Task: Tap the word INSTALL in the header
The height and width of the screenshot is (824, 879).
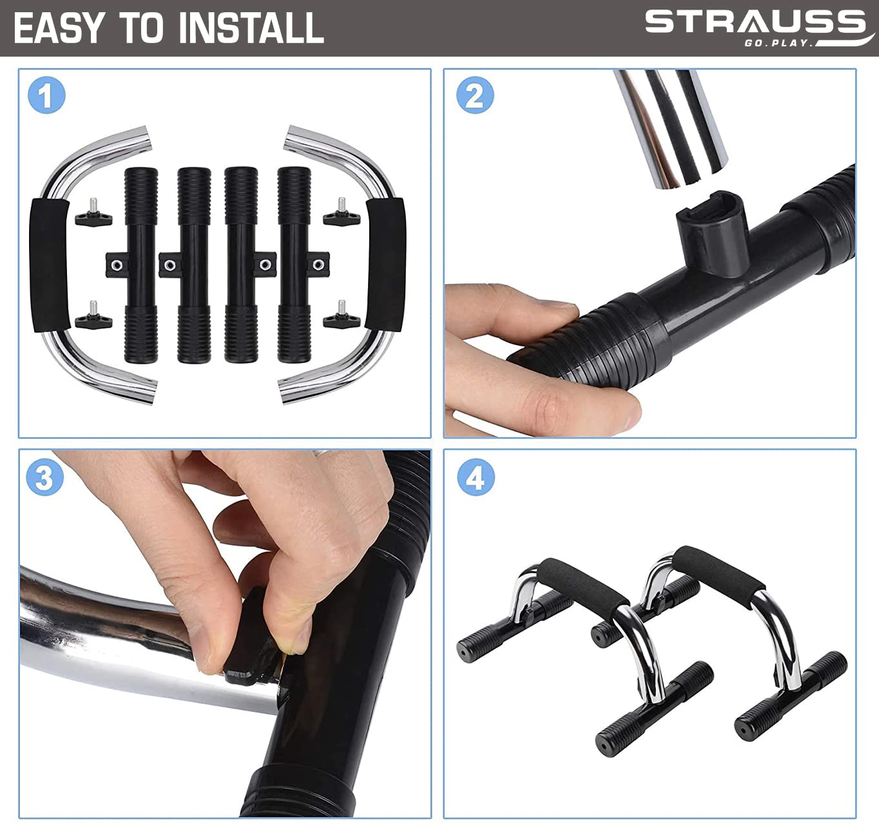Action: tap(251, 28)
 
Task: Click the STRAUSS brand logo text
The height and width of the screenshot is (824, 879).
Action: tap(755, 22)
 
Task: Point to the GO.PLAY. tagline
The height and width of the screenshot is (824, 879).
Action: tap(778, 43)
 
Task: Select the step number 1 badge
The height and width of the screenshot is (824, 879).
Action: tap(46, 95)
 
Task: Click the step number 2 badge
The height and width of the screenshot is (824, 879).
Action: tap(475, 95)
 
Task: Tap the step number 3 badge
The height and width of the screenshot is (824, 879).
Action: tap(45, 477)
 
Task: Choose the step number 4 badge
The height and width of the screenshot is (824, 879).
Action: tap(476, 477)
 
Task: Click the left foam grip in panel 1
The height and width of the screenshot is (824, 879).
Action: tap(49, 265)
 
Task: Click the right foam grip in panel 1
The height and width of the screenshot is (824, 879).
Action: tap(385, 264)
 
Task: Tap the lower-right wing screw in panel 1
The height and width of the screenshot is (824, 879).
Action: tap(342, 315)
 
